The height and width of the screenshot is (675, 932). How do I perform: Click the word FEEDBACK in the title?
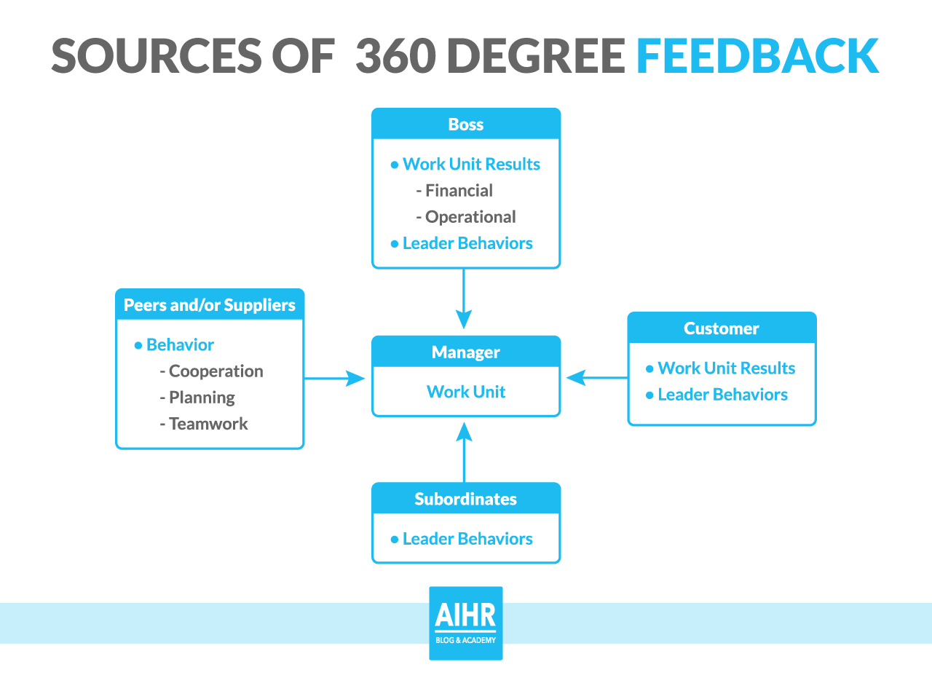(757, 55)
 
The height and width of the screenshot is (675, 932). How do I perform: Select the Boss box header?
(466, 124)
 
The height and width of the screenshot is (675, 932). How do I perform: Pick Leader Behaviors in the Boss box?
(467, 243)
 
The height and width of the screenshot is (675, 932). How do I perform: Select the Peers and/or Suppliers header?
(210, 304)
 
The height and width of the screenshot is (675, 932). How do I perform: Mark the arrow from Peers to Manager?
(335, 378)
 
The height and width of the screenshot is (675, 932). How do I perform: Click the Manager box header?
(466, 352)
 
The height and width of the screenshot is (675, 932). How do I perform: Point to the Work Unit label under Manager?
(466, 392)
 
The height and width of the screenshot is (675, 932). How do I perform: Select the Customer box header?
(722, 328)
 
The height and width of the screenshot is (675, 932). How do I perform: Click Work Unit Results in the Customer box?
(726, 368)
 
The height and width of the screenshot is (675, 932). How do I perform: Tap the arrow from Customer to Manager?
(596, 377)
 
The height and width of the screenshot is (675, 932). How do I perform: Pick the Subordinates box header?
(466, 499)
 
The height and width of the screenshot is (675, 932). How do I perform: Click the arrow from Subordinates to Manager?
(464, 451)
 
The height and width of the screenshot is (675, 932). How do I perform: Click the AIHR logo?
(466, 623)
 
